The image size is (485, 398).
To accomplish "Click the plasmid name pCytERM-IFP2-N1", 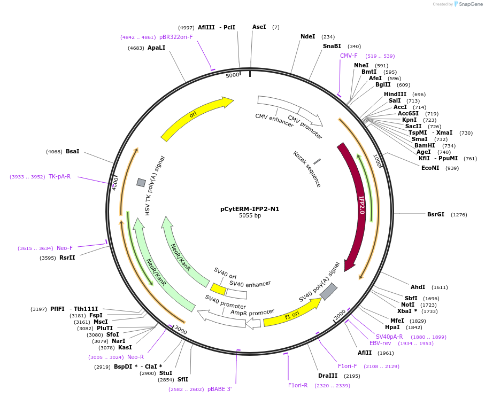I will pyautogui.click(x=250, y=209).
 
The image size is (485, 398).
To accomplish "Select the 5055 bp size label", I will pyautogui.click(x=250, y=216).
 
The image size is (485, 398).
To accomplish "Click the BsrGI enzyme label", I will pyautogui.click(x=435, y=214).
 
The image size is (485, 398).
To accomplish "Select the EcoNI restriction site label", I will pyautogui.click(x=430, y=168).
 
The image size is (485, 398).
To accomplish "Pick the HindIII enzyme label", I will pyautogui.click(x=395, y=94).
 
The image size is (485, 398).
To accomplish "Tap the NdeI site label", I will pyautogui.click(x=307, y=36).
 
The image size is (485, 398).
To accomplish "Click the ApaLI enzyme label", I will pyautogui.click(x=156, y=48).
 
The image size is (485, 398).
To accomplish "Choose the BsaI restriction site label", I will pyautogui.click(x=72, y=151).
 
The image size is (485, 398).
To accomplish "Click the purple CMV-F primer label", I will pyautogui.click(x=349, y=56).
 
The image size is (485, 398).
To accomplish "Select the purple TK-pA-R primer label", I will pyautogui.click(x=59, y=176).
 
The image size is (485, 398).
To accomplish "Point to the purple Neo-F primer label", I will pyautogui.click(x=65, y=248).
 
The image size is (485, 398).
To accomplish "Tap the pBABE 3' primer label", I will pyautogui.click(x=219, y=389).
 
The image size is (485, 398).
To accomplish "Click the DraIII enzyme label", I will pyautogui.click(x=327, y=376).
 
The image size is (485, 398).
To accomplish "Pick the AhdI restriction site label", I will pyautogui.click(x=418, y=287).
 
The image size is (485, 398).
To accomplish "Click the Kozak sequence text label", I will pyautogui.click(x=307, y=169).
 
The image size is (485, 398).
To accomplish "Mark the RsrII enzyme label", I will pyautogui.click(x=67, y=258).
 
